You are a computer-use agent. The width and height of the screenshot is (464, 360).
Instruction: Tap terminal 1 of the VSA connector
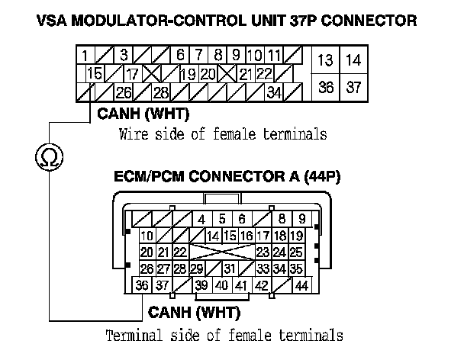click(x=85, y=55)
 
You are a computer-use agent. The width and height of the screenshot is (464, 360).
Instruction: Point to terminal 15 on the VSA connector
click(x=95, y=74)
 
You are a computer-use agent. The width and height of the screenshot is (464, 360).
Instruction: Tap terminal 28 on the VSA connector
click(x=161, y=93)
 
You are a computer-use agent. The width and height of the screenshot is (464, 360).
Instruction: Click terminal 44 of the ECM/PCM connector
click(x=301, y=285)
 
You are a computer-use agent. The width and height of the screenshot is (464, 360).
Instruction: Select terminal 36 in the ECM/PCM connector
click(x=141, y=285)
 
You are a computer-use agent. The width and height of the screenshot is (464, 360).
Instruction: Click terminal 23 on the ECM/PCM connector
click(x=262, y=252)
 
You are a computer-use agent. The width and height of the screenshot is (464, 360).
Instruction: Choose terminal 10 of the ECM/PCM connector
click(x=147, y=236)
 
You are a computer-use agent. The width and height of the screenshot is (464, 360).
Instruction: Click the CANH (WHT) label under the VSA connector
click(x=143, y=115)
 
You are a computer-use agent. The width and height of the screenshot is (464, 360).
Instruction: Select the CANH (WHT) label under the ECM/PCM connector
click(x=194, y=313)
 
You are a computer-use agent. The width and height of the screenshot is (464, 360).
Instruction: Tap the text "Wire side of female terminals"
click(x=223, y=135)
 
